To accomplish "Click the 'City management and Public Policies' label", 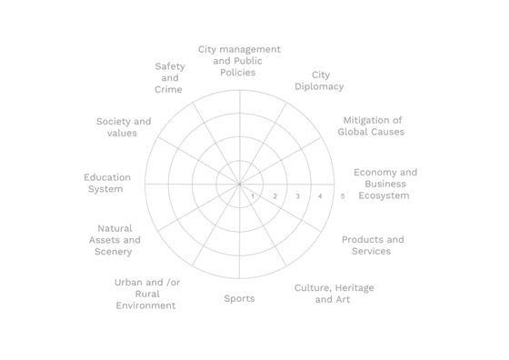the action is [239, 61].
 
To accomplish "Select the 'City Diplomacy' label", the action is [319, 81].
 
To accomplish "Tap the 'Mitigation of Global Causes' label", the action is [371, 126].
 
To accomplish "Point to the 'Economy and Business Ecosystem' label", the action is [385, 184].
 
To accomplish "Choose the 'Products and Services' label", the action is [373, 245].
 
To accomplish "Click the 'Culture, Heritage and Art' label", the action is [334, 294].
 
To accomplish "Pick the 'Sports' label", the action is [239, 298].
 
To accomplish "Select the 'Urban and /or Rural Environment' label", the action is [146, 294].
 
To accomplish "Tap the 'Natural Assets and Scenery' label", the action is [115, 240].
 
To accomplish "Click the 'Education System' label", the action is [107, 183].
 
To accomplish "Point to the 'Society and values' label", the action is [124, 127].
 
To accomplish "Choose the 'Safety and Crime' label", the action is [169, 77].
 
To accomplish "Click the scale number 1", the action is [253, 196].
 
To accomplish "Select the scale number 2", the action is [274, 196].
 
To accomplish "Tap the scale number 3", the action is [297, 196].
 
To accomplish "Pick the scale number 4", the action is [320, 196].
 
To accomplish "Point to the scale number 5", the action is [343, 196].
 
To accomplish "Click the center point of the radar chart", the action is [240, 184].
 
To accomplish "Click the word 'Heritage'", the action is [354, 288].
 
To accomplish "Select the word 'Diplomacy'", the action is [319, 86].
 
